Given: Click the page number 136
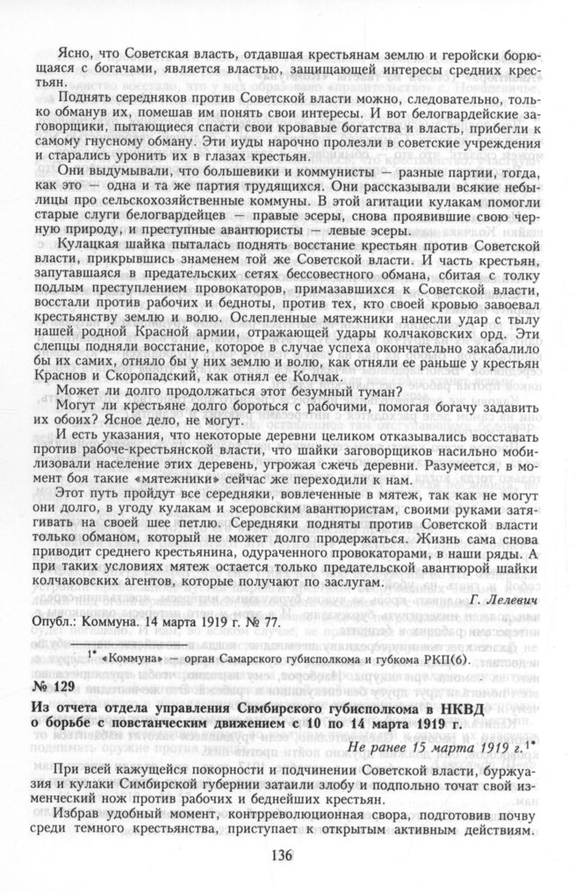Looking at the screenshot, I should [287, 856].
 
